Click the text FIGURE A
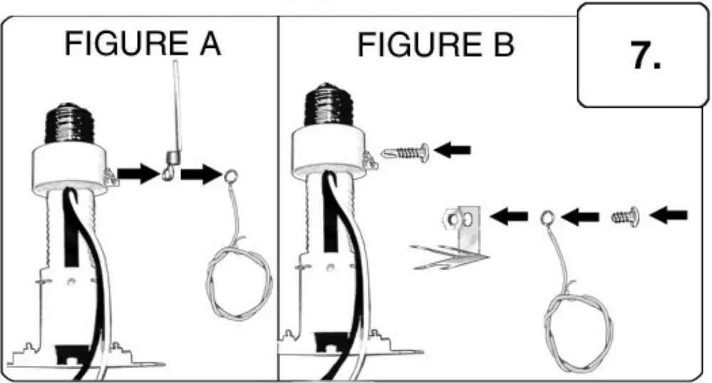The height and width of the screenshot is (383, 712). point(143,45)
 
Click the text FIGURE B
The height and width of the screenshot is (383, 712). point(435,45)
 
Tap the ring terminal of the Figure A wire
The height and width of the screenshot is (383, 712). point(232,177)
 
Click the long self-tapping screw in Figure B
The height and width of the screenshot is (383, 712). point(404,152)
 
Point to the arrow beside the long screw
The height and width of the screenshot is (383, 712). point(452,150)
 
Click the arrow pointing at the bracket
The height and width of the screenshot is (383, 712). point(512,215)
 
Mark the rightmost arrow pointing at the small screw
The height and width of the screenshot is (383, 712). point(670,215)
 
